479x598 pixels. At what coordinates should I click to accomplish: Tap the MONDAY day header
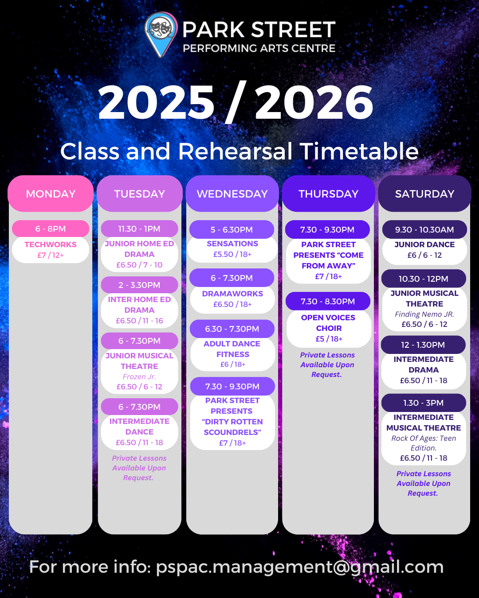pos(51,194)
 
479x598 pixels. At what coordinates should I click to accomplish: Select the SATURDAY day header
pos(424,194)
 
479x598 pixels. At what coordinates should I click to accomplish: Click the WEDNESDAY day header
pos(232,194)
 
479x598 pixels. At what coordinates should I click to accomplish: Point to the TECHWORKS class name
pos(51,245)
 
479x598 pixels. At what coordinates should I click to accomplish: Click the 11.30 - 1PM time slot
pos(139,229)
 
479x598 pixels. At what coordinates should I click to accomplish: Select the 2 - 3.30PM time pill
pos(139,285)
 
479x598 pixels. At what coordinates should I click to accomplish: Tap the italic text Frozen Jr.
pos(139,377)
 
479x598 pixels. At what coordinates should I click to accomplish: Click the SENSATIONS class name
pos(232,244)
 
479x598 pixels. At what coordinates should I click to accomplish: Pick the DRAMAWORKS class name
pos(232,294)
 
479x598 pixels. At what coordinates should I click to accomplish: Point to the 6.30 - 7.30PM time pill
pos(232,329)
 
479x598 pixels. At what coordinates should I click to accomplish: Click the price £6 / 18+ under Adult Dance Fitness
pos(233,364)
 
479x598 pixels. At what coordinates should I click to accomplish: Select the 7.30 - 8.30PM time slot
pos(328,301)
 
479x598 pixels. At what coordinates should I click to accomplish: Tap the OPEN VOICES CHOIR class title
pos(328,323)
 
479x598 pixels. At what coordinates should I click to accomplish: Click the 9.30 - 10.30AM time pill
pos(424,229)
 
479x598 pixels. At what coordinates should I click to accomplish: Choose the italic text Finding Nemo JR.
pos(424,315)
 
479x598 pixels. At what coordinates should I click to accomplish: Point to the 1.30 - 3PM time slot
pos(424,403)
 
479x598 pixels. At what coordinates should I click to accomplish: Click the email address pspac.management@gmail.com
pos(300,567)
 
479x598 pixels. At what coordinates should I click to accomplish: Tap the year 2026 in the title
pos(314,102)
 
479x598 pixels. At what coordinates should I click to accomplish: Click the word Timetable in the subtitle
pos(359,151)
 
